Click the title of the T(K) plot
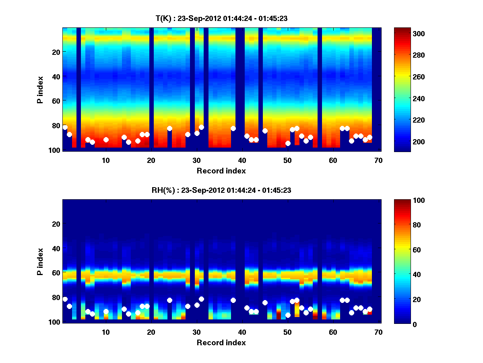tap(221, 18)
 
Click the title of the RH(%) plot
tap(221, 190)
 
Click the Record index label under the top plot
tap(221, 171)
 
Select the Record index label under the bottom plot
tap(221, 342)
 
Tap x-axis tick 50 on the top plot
tap(287, 160)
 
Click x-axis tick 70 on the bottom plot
tap(378, 332)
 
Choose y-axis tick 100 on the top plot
tap(56, 150)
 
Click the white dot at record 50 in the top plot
tap(288, 143)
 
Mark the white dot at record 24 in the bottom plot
tap(169, 300)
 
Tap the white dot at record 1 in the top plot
tap(65, 127)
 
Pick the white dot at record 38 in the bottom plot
tap(233, 300)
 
